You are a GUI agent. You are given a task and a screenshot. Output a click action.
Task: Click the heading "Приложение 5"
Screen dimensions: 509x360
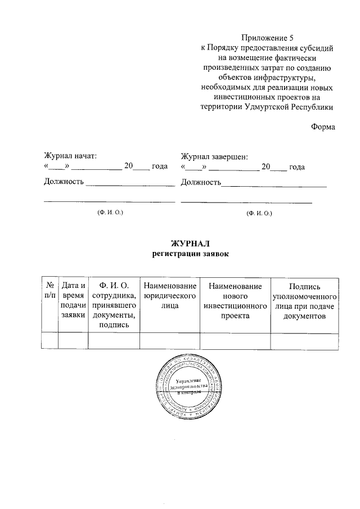coord(268,38)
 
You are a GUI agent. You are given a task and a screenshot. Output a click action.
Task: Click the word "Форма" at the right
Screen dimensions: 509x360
coord(323,127)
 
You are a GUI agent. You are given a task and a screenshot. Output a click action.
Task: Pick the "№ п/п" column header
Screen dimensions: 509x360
coord(49,291)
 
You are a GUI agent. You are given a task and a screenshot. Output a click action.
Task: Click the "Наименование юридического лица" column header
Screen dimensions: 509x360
coord(170,296)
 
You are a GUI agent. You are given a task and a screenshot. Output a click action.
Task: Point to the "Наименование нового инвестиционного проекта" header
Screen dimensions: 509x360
coord(235,301)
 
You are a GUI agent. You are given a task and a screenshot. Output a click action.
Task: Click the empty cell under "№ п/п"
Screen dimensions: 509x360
coord(49,341)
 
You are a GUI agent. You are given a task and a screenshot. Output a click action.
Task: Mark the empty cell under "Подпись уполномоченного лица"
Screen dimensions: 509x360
coord(304,341)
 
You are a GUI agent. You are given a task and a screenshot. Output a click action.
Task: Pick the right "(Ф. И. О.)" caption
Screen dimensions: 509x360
coord(259,213)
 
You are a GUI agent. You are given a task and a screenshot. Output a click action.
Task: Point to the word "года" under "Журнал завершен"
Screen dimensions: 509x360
coord(297,167)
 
